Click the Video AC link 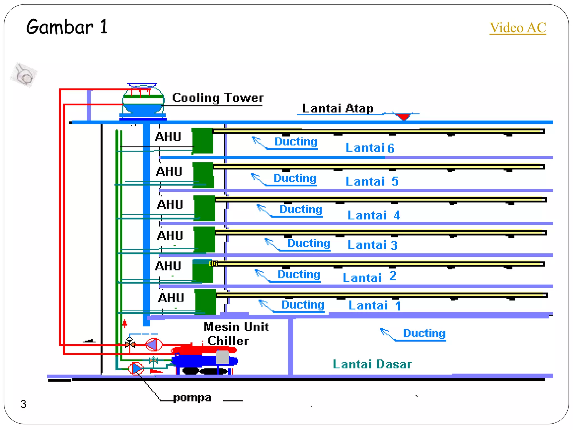pyautogui.click(x=518, y=28)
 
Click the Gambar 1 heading pyautogui.click(x=67, y=27)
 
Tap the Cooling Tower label pyautogui.click(x=218, y=98)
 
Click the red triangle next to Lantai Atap pyautogui.click(x=403, y=116)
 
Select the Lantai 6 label pyautogui.click(x=370, y=148)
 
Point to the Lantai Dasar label pyautogui.click(x=372, y=364)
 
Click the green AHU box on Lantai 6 pyautogui.click(x=202, y=141)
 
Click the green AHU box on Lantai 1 pyautogui.click(x=205, y=302)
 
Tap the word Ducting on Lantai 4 pyautogui.click(x=301, y=209)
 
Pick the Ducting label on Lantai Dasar pyautogui.click(x=424, y=333)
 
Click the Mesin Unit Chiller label pyautogui.click(x=236, y=334)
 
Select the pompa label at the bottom pyautogui.click(x=192, y=398)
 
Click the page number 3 pyautogui.click(x=24, y=404)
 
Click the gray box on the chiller pyautogui.click(x=222, y=357)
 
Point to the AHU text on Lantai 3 pyautogui.click(x=170, y=236)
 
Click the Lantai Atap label pyautogui.click(x=338, y=108)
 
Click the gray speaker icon pyautogui.click(x=24, y=75)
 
